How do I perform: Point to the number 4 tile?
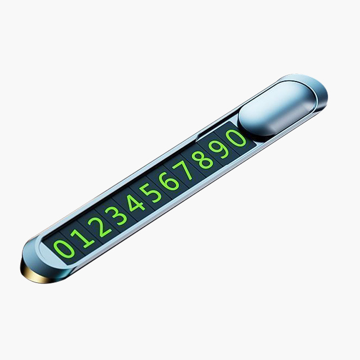(x=135, y=202)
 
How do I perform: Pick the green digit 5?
(x=151, y=193)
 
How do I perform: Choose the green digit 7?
(x=184, y=170)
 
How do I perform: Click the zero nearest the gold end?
(x=64, y=249)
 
